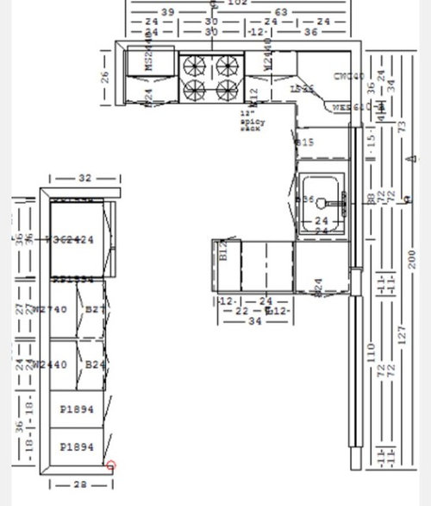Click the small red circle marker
tap(110, 466)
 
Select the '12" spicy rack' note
tap(253, 122)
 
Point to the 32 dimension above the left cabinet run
tap(84, 178)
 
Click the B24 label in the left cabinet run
tap(95, 364)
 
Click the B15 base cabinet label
tap(304, 142)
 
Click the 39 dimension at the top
tap(169, 11)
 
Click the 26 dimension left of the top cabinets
tap(106, 77)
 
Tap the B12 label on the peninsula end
tap(222, 251)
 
